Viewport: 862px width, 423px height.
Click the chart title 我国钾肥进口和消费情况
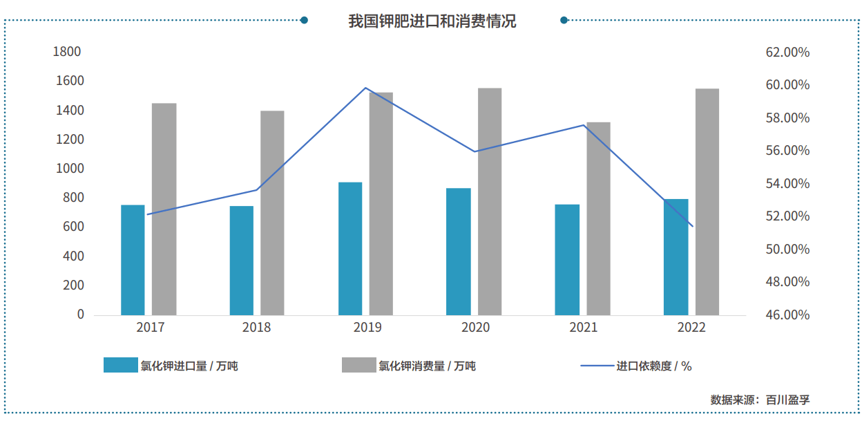pyautogui.click(x=432, y=21)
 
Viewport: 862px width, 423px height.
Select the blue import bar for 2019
pyautogui.click(x=350, y=249)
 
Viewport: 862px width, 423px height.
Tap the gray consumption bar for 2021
pyautogui.click(x=598, y=218)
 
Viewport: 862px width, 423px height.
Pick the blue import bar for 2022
pyautogui.click(x=676, y=257)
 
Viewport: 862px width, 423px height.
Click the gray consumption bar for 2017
pyautogui.click(x=164, y=209)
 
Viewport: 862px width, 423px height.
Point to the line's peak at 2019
pyautogui.click(x=365, y=88)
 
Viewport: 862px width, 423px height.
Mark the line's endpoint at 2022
pyautogui.click(x=692, y=226)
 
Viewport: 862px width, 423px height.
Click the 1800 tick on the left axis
pyautogui.click(x=67, y=52)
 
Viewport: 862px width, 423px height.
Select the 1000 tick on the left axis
pyautogui.click(x=67, y=169)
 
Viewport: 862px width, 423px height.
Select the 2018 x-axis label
pyautogui.click(x=256, y=328)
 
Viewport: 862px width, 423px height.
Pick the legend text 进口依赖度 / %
pyautogui.click(x=653, y=366)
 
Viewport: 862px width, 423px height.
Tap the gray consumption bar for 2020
pyautogui.click(x=490, y=201)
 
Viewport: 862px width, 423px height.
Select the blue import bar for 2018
pyautogui.click(x=242, y=261)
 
